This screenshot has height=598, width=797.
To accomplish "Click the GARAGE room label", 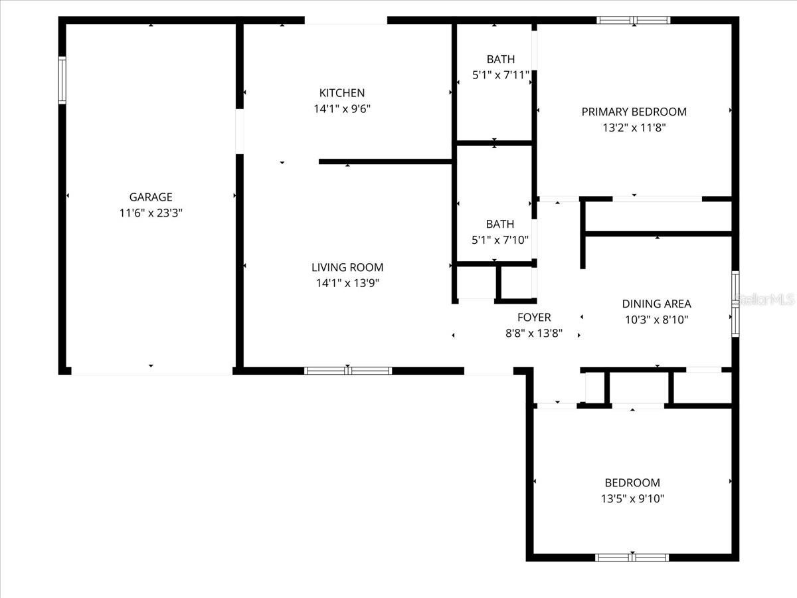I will point(151,197).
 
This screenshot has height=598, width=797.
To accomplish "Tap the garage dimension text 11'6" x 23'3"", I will point(151,213).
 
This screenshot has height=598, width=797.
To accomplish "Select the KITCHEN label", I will point(341,93).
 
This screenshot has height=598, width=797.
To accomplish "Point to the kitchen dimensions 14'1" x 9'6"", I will point(341,109).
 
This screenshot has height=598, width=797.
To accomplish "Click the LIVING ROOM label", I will point(347,267).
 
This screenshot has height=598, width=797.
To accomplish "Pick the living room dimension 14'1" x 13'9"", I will point(347,283).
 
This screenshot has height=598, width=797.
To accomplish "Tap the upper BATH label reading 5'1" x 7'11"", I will point(500,60).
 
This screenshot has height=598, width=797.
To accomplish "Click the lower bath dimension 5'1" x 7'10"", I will point(500,240).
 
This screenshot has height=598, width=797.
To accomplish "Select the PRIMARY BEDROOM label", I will point(634,112).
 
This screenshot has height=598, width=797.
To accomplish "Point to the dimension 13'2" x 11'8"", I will point(634,128).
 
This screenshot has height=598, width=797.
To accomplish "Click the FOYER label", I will point(534,318).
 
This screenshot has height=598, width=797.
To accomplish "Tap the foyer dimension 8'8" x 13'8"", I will point(534,334).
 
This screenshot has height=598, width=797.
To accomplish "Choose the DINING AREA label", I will point(656,304).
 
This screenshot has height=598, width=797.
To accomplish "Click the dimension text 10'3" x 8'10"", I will point(656,320).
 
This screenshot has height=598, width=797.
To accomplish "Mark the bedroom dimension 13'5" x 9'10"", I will point(632,498).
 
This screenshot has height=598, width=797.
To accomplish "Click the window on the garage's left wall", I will point(62,80).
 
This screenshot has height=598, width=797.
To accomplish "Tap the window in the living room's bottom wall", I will point(348,371).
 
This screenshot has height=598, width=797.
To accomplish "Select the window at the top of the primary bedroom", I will point(634,20).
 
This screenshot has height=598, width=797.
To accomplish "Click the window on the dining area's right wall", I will point(735,304).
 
